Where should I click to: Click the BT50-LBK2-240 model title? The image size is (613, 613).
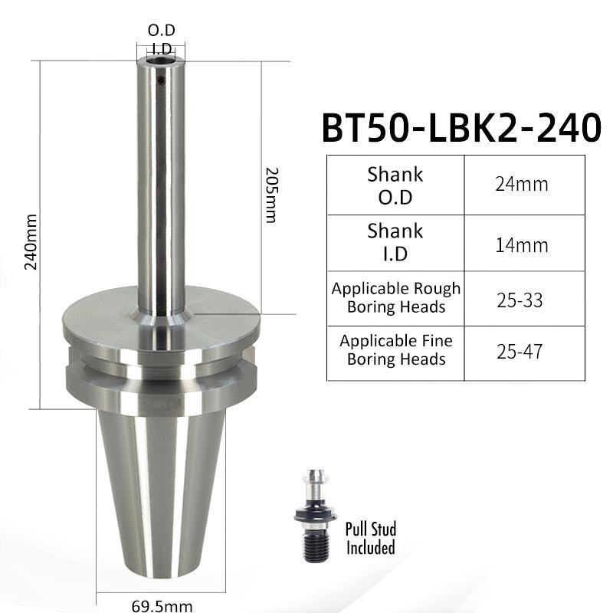[461, 128]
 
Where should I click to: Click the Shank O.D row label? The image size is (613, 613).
[395, 185]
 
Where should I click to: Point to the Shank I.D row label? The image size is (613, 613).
[395, 242]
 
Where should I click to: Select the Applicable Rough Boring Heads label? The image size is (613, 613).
[396, 297]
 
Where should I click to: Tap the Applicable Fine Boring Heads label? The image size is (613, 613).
[396, 350]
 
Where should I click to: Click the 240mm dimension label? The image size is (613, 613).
[31, 242]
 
